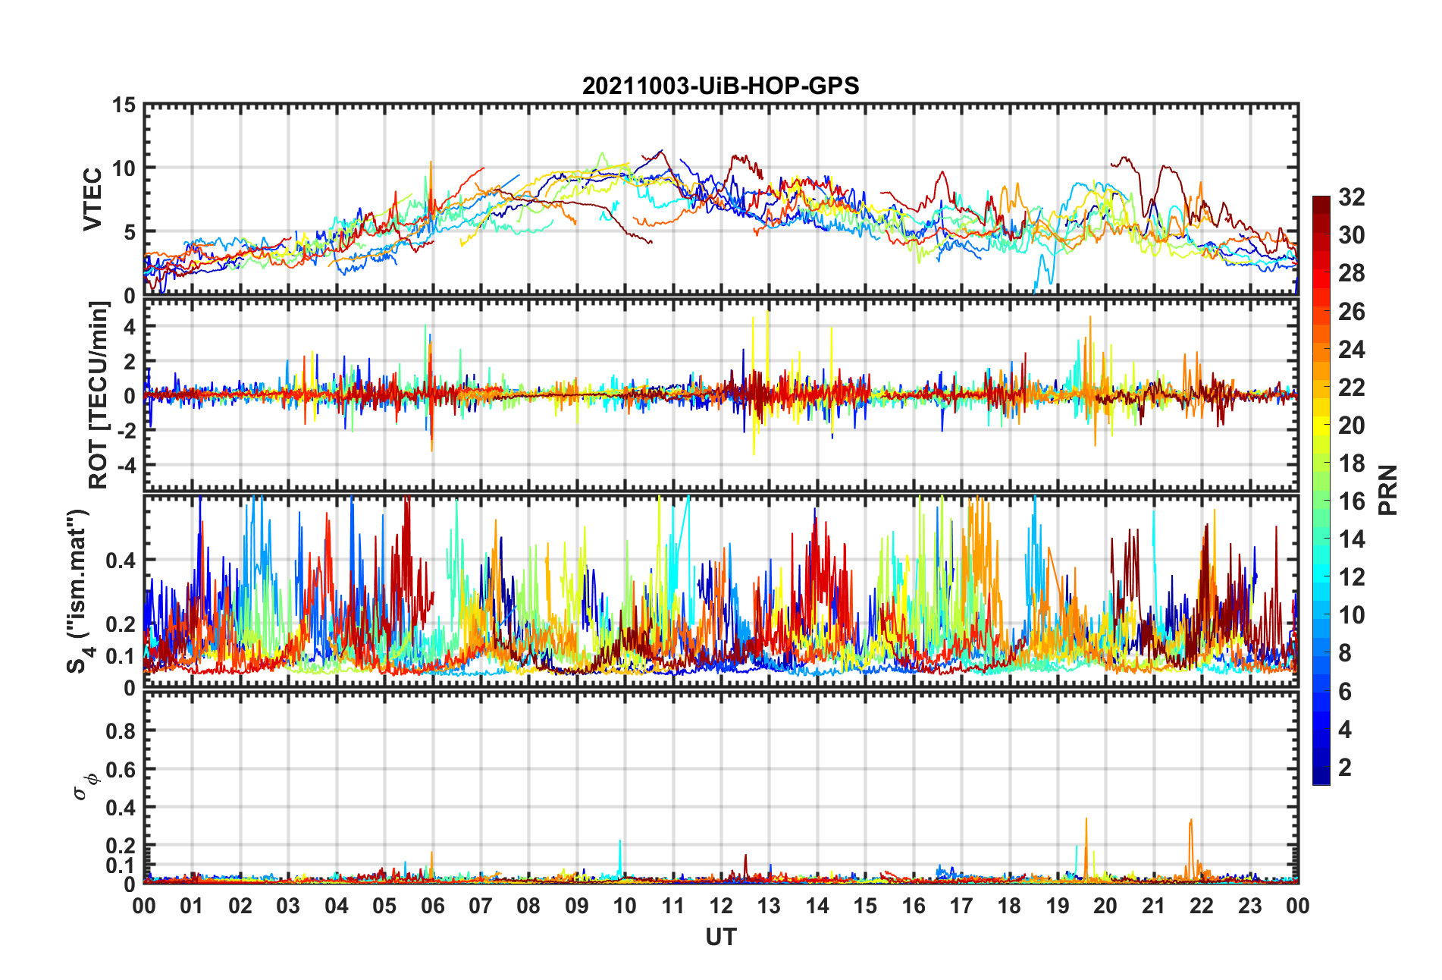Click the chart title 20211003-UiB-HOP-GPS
720,86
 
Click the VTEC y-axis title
92,199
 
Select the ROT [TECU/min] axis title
99,395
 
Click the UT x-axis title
720,938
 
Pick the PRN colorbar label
1387,490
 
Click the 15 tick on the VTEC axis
124,105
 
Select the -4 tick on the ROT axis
126,464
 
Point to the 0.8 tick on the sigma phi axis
121,731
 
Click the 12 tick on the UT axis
721,906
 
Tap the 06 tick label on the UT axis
432,906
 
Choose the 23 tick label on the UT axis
1249,906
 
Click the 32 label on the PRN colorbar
1351,197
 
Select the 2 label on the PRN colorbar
1345,767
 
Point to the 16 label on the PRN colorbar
1351,501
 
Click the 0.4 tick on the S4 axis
121,561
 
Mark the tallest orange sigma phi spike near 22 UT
1191,820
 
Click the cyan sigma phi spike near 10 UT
620,841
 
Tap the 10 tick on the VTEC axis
124,168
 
